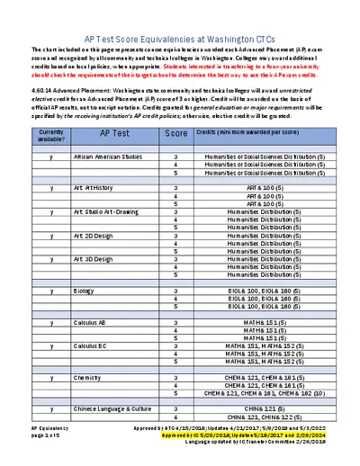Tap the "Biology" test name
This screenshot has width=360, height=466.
coord(84,291)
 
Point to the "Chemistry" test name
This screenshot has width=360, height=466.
coord(87,377)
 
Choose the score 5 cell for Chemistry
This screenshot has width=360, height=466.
coord(175,393)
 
